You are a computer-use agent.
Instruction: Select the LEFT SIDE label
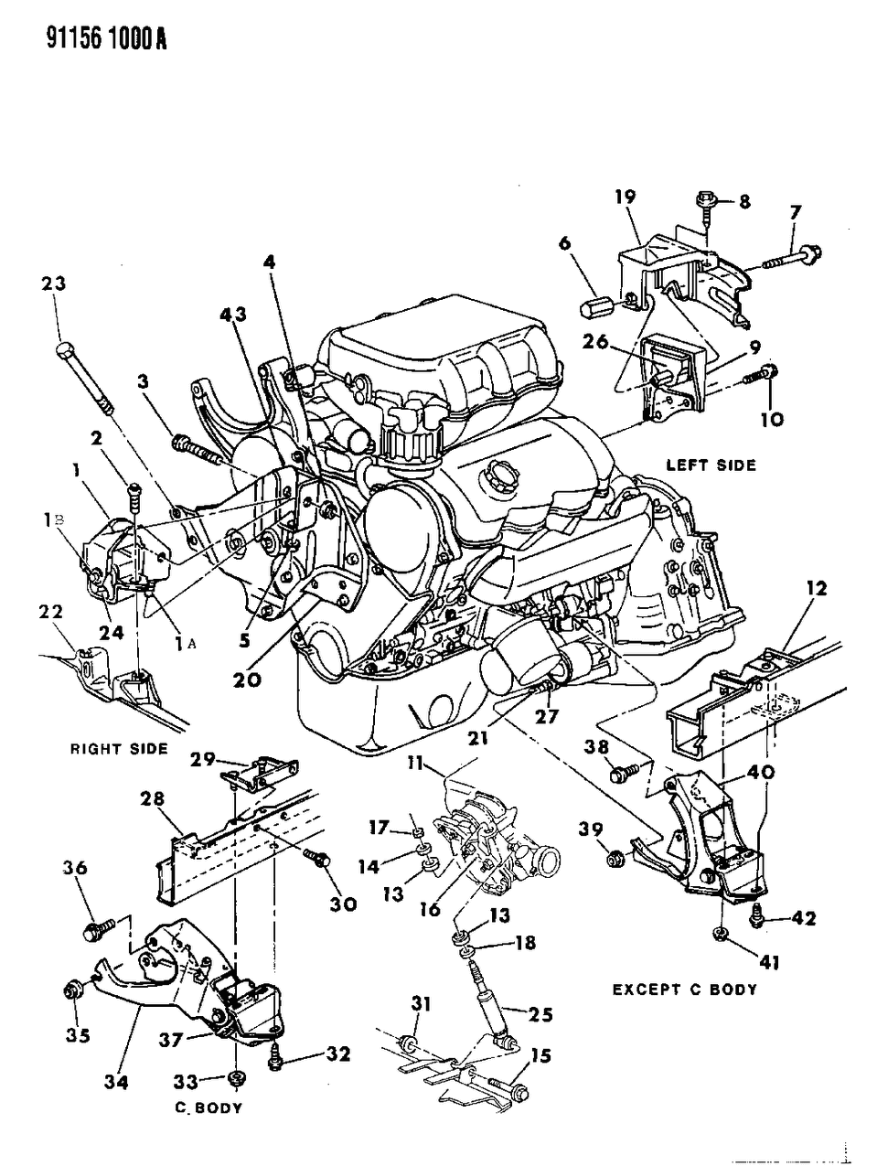(710, 465)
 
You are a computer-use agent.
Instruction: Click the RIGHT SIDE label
(119, 749)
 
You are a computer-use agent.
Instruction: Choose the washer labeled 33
(235, 1079)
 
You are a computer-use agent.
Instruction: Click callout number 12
(816, 589)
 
